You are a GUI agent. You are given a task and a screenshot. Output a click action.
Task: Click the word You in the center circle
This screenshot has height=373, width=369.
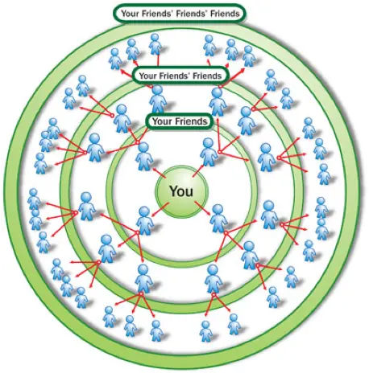pyautogui.click(x=181, y=191)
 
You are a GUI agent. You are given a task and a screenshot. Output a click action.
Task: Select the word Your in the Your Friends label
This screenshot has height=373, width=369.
pyautogui.click(x=162, y=121)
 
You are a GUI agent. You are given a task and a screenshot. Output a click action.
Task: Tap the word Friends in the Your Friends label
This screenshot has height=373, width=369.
pyautogui.click(x=190, y=121)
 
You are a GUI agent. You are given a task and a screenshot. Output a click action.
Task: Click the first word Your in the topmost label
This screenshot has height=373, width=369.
pyautogui.click(x=130, y=13)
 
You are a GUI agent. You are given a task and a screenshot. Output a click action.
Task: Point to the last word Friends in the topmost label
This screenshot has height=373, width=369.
pyautogui.click(x=225, y=13)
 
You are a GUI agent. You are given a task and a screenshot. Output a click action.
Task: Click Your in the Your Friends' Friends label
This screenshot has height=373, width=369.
pyautogui.click(x=147, y=76)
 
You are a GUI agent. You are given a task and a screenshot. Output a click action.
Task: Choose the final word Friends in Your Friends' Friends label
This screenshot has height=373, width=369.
pyautogui.click(x=207, y=76)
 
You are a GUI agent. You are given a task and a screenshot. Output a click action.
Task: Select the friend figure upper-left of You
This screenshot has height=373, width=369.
pyautogui.click(x=144, y=157)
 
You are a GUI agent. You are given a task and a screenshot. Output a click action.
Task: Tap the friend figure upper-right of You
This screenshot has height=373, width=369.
pyautogui.click(x=209, y=152)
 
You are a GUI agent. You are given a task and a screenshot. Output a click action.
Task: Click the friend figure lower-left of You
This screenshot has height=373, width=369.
pyautogui.click(x=145, y=220)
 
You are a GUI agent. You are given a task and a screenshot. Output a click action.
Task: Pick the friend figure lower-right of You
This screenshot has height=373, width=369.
pyautogui.click(x=218, y=218)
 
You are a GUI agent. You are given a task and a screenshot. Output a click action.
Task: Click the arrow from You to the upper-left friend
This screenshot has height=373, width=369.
pyautogui.click(x=159, y=173)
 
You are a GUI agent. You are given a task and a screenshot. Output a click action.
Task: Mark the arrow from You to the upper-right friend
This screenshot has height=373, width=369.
pyautogui.click(x=198, y=170)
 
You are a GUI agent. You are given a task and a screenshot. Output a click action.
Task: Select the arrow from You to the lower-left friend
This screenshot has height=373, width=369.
pyautogui.click(x=160, y=210)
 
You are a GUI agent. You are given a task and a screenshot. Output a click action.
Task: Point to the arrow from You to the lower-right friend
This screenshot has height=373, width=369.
pyautogui.click(x=203, y=208)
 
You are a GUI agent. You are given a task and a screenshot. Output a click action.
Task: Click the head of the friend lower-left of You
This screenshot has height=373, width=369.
pyautogui.click(x=144, y=211)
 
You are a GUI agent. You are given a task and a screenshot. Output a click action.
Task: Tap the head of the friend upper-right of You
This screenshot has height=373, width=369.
pyautogui.click(x=208, y=143)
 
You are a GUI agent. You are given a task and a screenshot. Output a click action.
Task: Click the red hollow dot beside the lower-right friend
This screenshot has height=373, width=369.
pyautogui.click(x=226, y=233)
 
